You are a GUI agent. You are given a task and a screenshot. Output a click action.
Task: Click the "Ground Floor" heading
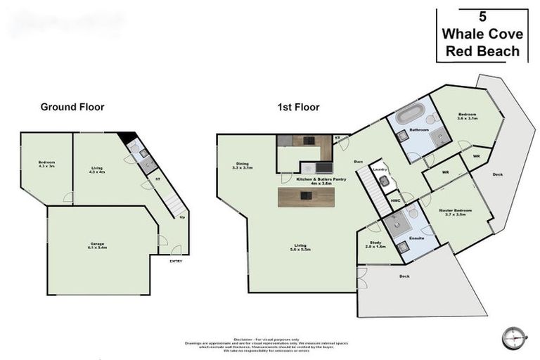[72, 107]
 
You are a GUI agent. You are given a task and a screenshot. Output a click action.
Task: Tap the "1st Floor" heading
[297, 108]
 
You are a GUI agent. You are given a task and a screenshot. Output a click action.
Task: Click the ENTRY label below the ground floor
[176, 262]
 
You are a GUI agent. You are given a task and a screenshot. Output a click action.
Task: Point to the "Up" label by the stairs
[183, 217]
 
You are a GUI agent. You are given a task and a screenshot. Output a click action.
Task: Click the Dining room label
[242, 167]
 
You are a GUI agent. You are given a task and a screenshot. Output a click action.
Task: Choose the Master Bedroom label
[455, 213]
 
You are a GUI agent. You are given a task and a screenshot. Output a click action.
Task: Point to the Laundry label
[380, 169]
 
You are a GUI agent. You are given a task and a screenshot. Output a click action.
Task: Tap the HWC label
[396, 201]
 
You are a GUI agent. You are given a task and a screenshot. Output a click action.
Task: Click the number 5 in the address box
[482, 17]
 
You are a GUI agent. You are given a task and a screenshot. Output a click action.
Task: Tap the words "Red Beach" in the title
[482, 51]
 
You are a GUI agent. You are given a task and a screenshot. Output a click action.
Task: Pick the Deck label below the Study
[404, 276]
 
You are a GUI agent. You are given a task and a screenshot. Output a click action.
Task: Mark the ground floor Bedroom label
[46, 165]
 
